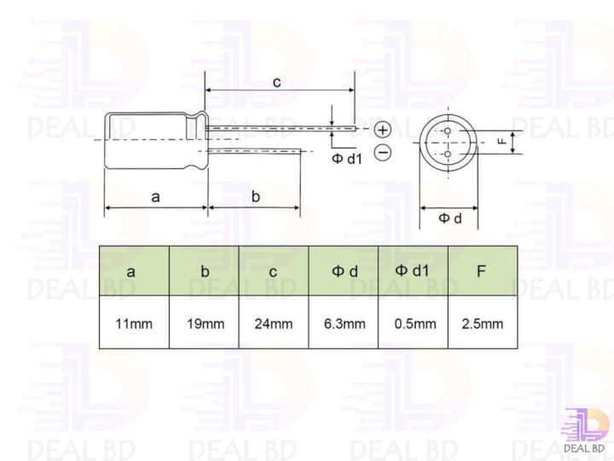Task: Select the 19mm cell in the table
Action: point(205,324)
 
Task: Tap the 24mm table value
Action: point(274,324)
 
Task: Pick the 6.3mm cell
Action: point(344,324)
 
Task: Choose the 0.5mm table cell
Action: point(414,324)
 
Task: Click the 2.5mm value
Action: point(482,324)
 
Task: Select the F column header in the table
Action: point(482,271)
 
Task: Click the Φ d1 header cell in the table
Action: point(413,271)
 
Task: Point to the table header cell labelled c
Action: point(273,272)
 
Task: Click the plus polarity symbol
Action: point(383,130)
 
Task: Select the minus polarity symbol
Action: point(383,153)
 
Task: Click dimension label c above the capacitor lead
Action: point(276,82)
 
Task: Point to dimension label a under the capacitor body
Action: point(155,196)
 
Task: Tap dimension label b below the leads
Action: point(256,196)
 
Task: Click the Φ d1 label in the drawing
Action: point(347,159)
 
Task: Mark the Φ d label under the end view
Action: point(449,219)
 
